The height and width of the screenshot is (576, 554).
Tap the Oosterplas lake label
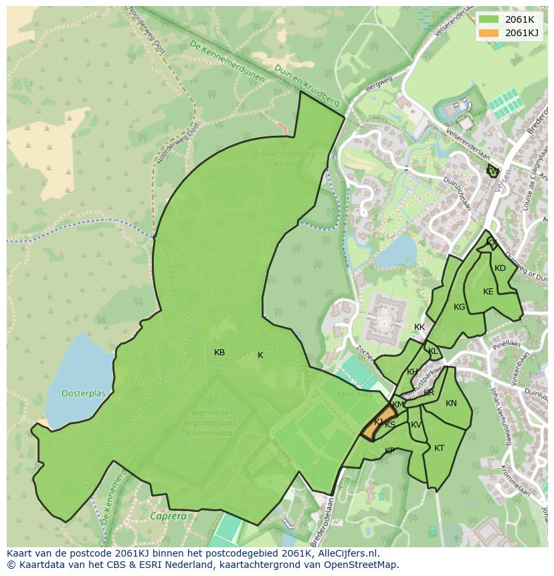pyautogui.click(x=84, y=393)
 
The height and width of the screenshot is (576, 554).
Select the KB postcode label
pyautogui.click(x=219, y=353)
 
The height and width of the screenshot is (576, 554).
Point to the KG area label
pyautogui.click(x=459, y=307)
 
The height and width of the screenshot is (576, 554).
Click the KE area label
pyautogui.click(x=488, y=292)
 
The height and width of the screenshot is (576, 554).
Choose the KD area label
pyautogui.click(x=500, y=268)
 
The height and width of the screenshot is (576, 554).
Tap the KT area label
pyautogui.click(x=439, y=448)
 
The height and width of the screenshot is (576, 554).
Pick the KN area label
pyautogui.click(x=451, y=403)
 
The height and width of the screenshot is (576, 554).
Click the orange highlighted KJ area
pyautogui.click(x=379, y=423)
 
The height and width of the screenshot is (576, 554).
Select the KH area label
pyautogui.click(x=412, y=372)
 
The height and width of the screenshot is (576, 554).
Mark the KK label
pyautogui.click(x=420, y=327)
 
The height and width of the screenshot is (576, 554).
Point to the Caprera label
pyautogui.click(x=168, y=516)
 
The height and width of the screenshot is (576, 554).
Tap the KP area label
pyautogui.click(x=389, y=451)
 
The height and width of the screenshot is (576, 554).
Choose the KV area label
pyautogui.click(x=416, y=425)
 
